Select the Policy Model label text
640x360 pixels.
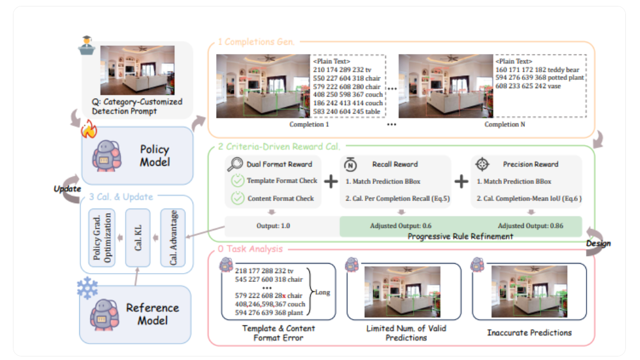pyautogui.click(x=154, y=155)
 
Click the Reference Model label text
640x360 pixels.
pyautogui.click(x=153, y=314)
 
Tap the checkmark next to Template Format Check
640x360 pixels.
pyautogui.click(x=237, y=181)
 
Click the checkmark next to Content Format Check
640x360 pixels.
pyautogui.click(x=237, y=198)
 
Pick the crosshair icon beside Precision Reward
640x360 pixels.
pyautogui.click(x=482, y=164)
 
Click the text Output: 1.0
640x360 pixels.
pyautogui.click(x=273, y=226)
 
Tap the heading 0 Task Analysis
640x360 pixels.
pyautogui.click(x=250, y=249)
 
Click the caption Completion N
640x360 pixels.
pyautogui.click(x=501, y=125)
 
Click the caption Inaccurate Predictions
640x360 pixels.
pyautogui.click(x=529, y=332)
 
